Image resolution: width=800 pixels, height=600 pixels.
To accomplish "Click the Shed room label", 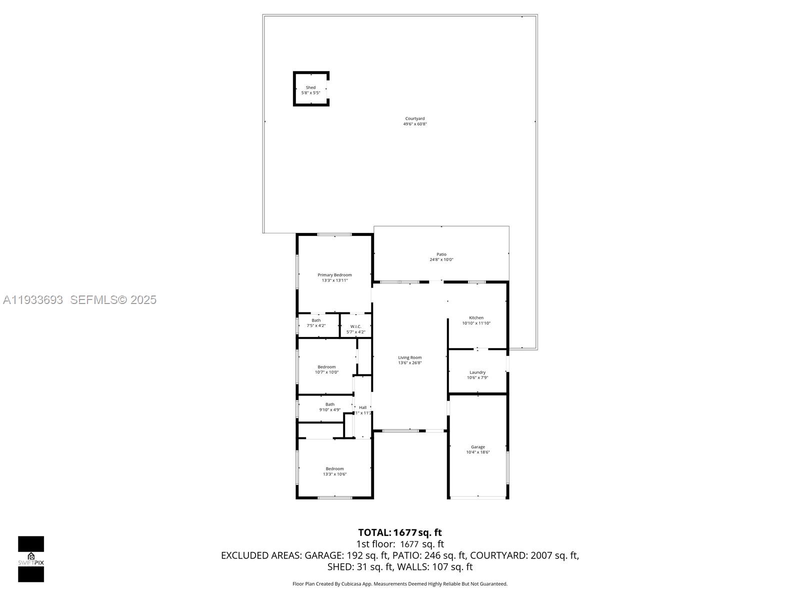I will point(310,88).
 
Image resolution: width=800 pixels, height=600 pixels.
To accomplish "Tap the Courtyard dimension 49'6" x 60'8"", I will point(415,124).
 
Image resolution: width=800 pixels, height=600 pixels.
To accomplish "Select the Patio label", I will point(441,254).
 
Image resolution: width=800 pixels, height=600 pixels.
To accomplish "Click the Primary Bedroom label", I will point(334,275).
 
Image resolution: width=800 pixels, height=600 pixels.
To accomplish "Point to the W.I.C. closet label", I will point(355,326).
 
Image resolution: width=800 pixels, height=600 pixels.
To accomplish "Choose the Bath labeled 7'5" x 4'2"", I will point(316,323).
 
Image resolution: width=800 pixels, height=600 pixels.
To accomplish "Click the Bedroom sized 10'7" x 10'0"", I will point(326,369).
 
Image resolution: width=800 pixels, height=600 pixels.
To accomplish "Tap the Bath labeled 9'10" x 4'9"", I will point(330,407).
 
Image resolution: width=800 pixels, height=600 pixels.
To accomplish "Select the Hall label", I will point(362,407).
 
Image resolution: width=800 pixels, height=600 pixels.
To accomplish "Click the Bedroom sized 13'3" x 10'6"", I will point(334,471).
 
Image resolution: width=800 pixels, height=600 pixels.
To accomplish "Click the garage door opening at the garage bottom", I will point(477,497).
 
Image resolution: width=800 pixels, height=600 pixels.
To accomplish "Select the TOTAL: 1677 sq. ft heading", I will point(399,532).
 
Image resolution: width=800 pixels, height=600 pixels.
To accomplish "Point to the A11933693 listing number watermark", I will point(33,300).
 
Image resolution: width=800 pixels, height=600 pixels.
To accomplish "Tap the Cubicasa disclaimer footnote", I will point(399,584).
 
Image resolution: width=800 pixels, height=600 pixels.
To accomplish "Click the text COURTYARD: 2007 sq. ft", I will point(524,555).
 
